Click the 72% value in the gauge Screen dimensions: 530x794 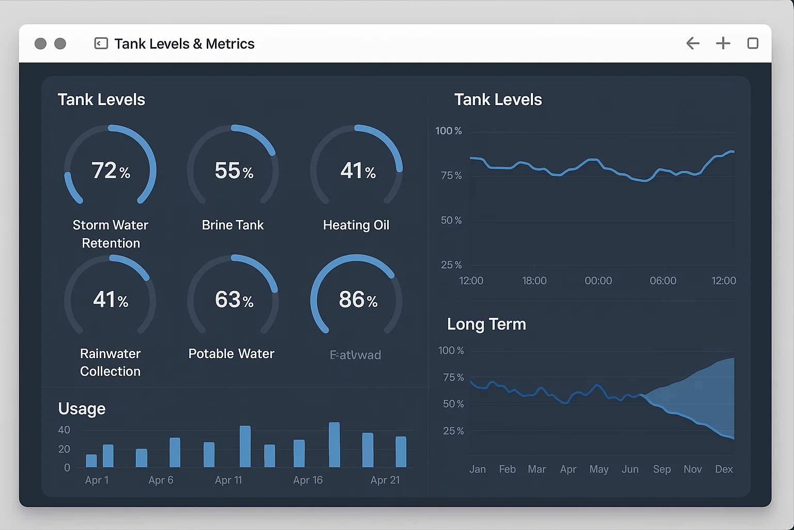[111, 170]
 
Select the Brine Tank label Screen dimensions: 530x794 [233, 225]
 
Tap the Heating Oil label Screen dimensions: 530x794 [356, 225]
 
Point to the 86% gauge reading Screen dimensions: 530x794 [358, 300]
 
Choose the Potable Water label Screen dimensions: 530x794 [231, 354]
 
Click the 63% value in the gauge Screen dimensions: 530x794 [234, 300]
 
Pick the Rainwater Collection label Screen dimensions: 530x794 [110, 362]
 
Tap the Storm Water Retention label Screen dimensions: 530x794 [110, 234]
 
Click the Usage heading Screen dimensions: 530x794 [82, 409]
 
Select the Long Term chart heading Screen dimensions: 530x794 [486, 325]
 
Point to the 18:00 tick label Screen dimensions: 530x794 [534, 281]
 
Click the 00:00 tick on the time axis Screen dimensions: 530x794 [598, 281]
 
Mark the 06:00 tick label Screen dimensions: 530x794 [663, 281]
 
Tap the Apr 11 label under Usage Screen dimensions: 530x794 [228, 480]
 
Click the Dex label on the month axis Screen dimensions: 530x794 [724, 469]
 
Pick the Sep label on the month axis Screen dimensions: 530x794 [662, 469]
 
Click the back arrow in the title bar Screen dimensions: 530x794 [693, 43]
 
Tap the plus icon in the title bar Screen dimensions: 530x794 [723, 43]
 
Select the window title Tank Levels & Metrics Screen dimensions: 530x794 [184, 44]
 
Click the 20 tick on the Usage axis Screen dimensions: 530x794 [64, 449]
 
